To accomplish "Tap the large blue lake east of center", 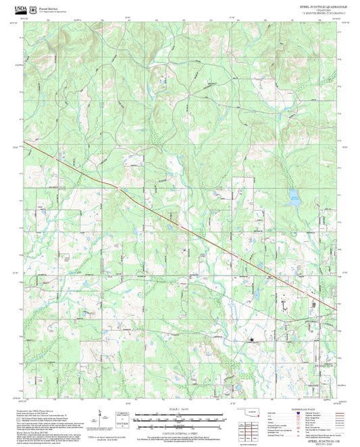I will click(294, 198).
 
